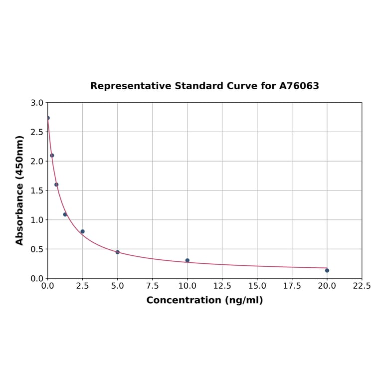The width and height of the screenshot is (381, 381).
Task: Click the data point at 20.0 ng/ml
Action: click(x=327, y=270)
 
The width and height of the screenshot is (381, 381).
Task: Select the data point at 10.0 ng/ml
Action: click(x=188, y=260)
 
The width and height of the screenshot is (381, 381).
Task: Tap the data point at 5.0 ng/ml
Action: click(x=118, y=252)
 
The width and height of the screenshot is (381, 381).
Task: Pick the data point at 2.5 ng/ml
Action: click(x=83, y=231)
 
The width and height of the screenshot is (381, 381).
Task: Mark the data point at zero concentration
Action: click(x=48, y=118)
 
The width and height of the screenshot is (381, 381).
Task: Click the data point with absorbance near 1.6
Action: click(x=56, y=185)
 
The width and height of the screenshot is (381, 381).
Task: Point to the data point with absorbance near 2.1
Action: click(x=52, y=156)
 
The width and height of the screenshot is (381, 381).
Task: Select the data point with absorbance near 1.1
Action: click(x=65, y=214)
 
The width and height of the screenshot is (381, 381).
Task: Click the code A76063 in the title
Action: click(x=299, y=86)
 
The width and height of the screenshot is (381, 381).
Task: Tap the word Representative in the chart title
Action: click(x=131, y=86)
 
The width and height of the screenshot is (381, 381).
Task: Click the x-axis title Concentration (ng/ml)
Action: click(x=204, y=300)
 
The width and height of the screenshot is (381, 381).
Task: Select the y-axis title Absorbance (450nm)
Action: click(x=20, y=190)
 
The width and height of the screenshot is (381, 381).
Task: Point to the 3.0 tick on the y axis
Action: click(x=37, y=103)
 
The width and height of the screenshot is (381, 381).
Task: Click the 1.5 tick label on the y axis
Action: click(x=37, y=190)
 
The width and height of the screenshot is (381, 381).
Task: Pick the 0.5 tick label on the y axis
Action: click(x=37, y=249)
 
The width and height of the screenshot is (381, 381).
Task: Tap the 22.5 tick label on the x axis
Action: click(x=362, y=286)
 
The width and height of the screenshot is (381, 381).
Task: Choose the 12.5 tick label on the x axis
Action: click(x=222, y=286)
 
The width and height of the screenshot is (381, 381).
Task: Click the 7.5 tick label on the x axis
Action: click(x=152, y=286)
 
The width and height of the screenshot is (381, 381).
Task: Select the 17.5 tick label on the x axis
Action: click(x=292, y=286)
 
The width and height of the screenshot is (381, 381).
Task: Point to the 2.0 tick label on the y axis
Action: click(x=37, y=162)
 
